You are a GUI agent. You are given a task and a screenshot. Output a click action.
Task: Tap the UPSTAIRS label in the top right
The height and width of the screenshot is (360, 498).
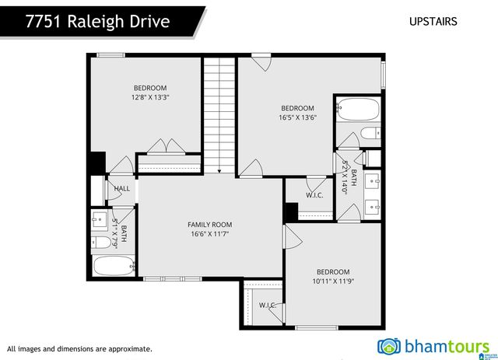point(433,21)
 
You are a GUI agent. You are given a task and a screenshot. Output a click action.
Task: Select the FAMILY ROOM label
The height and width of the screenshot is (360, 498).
point(209,225)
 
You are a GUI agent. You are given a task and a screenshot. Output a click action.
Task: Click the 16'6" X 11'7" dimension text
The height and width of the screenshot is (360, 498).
point(209,234)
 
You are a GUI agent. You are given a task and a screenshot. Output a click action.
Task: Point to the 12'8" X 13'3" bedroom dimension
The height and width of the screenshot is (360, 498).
point(150,97)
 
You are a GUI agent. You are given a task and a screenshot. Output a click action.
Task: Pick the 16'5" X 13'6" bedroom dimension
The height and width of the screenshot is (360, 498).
point(297,117)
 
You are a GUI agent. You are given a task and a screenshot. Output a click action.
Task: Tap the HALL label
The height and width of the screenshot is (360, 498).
point(122,188)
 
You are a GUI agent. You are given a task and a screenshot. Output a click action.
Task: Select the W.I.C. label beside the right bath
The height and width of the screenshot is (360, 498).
point(315,195)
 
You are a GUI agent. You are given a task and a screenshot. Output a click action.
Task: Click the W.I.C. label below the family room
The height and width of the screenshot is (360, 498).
point(268,305)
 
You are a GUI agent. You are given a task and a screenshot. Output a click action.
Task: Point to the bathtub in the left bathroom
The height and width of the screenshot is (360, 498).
point(114,266)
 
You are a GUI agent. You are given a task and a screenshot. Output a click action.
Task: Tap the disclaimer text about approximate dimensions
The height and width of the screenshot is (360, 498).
point(79,349)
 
